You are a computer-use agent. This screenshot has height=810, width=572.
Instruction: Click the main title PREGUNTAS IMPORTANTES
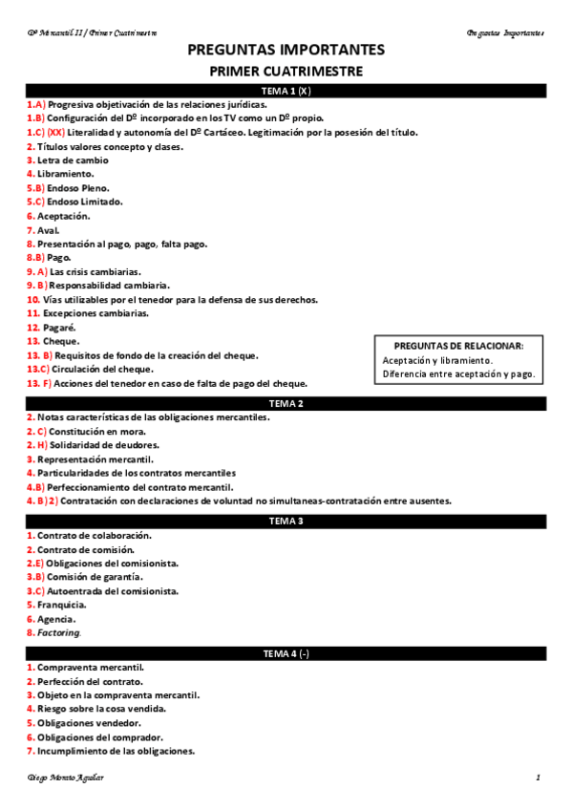pos(286,50)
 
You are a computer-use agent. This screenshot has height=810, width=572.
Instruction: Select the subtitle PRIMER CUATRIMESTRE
pos(286,71)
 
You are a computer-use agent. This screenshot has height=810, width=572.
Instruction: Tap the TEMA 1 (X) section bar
pos(286,91)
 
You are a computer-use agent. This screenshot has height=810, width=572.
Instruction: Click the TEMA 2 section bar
pos(286,403)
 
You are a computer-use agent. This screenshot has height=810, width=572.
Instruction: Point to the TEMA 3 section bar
pos(286,521)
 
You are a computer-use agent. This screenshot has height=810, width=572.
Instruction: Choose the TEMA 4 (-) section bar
pos(286,653)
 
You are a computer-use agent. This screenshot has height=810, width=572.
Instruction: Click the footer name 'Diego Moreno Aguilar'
pos(66,778)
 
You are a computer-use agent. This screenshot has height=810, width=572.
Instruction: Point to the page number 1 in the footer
pos(538,778)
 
